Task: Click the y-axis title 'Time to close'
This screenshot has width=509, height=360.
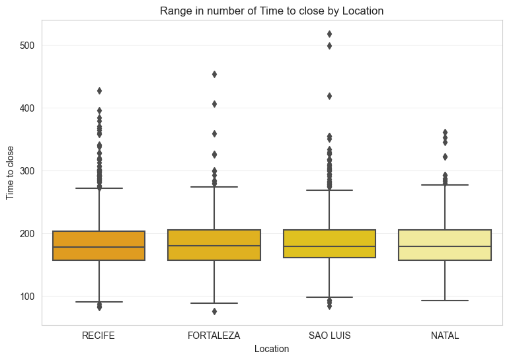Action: [x=11, y=172]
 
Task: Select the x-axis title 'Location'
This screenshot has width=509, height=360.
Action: [x=272, y=349]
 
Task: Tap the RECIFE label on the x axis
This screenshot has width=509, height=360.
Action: [x=98, y=336]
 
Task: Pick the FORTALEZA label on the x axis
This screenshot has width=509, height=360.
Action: [x=214, y=336]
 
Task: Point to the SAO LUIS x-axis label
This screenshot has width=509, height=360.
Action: [x=329, y=336]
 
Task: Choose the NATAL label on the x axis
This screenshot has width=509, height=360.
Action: [x=445, y=336]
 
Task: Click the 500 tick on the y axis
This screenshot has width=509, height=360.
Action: [x=26, y=46]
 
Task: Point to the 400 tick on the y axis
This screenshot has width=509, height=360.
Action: [x=26, y=108]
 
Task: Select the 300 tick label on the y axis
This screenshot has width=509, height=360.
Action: [x=26, y=170]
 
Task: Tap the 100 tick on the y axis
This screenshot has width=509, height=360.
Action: [x=26, y=296]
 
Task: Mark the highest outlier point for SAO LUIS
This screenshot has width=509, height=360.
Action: [x=329, y=34]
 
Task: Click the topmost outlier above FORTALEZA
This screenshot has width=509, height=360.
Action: [x=214, y=74]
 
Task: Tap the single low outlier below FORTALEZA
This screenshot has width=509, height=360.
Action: [x=214, y=311]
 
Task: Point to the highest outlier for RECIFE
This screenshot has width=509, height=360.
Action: [x=98, y=90]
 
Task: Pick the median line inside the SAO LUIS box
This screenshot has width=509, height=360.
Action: [x=329, y=246]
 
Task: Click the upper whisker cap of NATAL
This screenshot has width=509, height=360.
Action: [x=445, y=185]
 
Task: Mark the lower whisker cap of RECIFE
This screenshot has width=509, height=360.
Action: [x=98, y=302]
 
